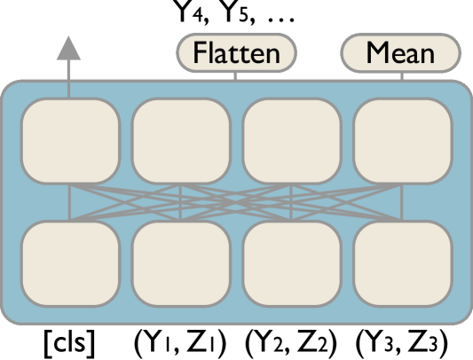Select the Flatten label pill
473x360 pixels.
point(236,53)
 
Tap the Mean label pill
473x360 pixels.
point(400,53)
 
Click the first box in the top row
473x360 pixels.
point(70,140)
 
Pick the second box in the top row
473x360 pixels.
point(181,140)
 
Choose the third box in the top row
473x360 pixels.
point(292,140)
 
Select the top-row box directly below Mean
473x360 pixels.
point(403,140)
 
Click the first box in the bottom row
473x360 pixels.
point(70,263)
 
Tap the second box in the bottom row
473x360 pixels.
point(181,263)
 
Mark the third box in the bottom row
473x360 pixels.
point(292,263)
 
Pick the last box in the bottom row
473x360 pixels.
point(403,263)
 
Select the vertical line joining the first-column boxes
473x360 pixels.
point(70,202)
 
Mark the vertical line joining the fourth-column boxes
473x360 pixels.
point(403,202)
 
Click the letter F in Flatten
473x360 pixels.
point(199,53)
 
